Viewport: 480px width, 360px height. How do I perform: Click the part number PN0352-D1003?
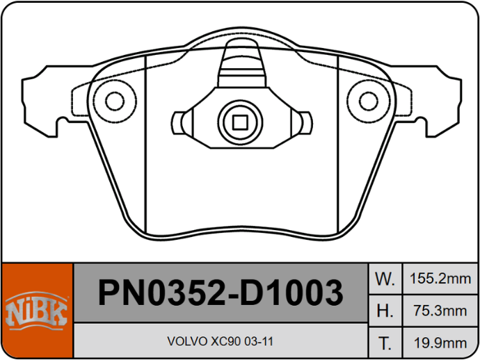pos(221,293)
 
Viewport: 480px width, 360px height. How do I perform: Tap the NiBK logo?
pos(36,311)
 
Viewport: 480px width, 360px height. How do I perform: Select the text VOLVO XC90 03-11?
pos(220,341)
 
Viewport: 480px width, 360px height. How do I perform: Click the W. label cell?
pos(385,279)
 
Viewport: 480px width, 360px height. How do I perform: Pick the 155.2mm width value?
pos(440,279)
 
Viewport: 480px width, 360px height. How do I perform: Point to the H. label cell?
pos(385,311)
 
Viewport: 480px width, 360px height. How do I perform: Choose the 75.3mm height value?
pos(440,311)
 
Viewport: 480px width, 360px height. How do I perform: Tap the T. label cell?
pos(385,343)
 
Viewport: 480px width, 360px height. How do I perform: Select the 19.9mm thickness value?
pos(440,343)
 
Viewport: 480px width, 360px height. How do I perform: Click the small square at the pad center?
pos(240,122)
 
